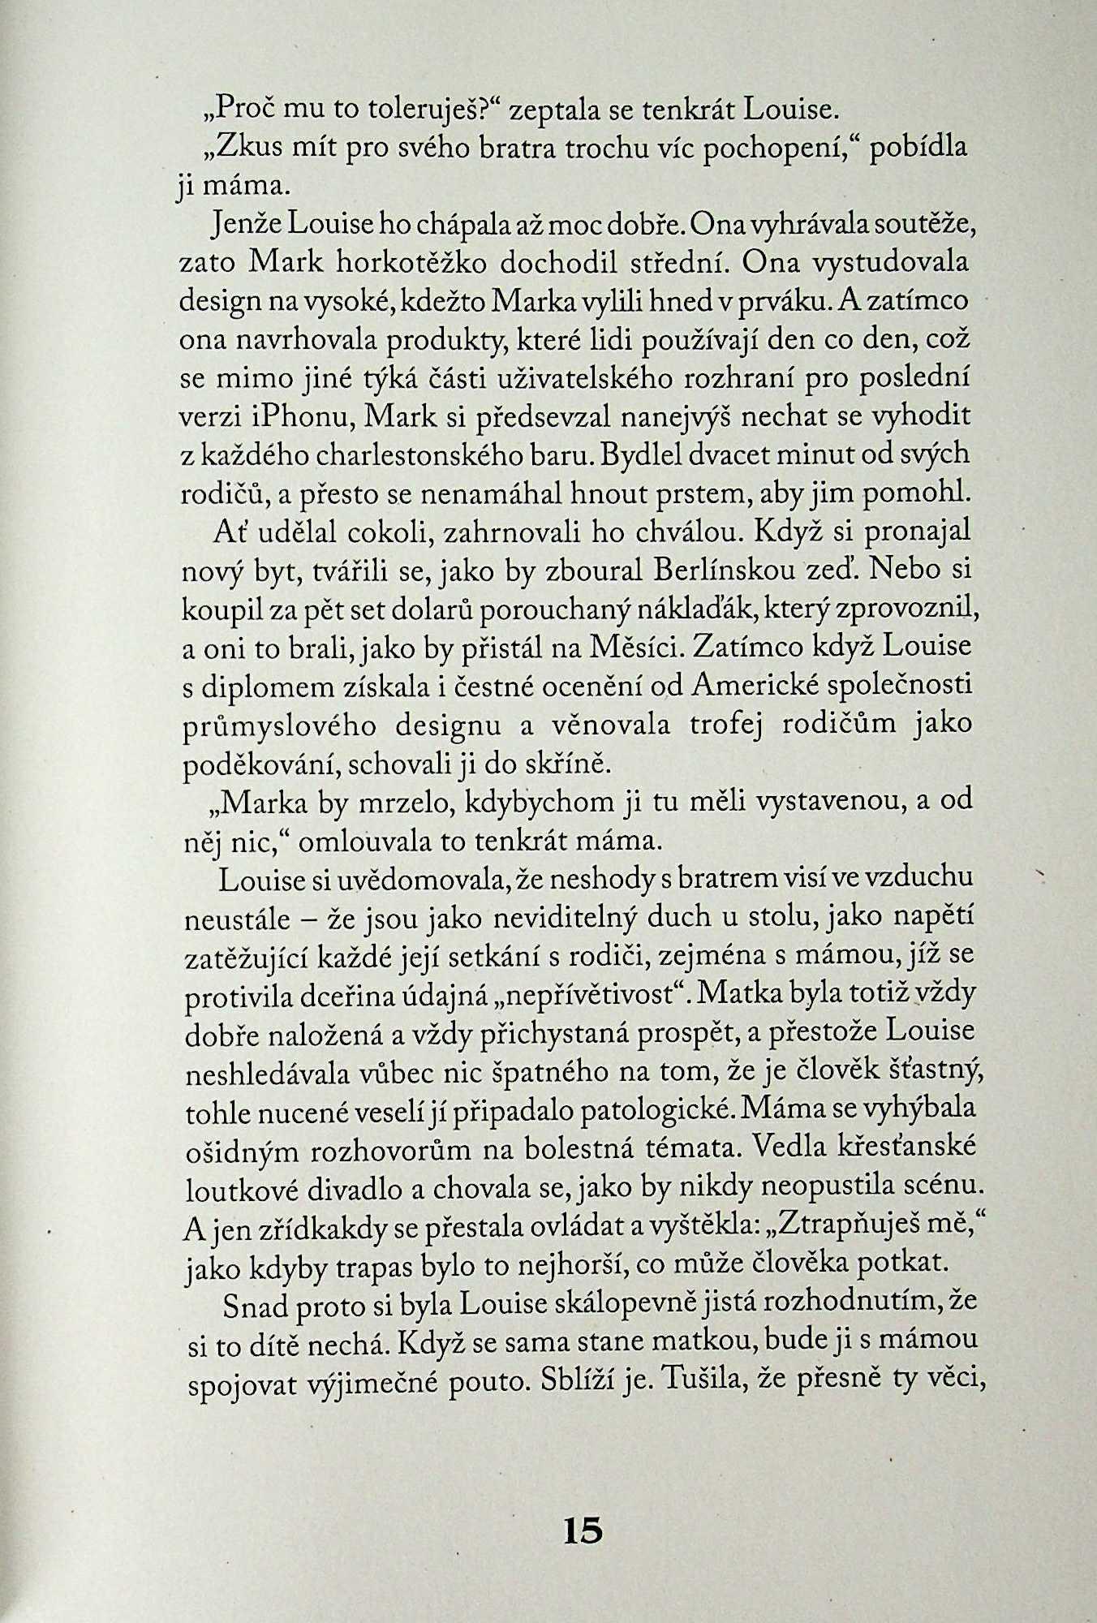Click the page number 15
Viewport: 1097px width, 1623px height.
(582, 1530)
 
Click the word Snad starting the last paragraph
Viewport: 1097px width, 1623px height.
(250, 1304)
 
